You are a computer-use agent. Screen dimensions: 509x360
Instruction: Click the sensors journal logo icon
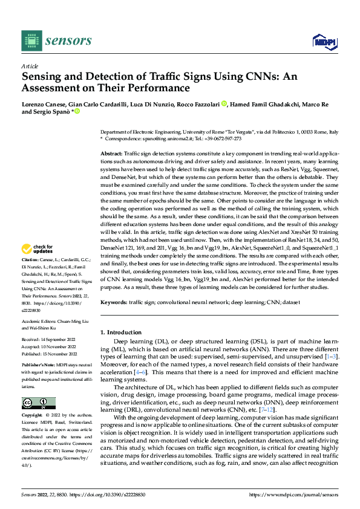click(x=31, y=41)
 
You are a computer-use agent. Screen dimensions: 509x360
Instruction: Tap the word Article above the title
click(x=29, y=66)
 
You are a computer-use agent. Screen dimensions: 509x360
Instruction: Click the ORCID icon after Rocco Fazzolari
click(x=224, y=104)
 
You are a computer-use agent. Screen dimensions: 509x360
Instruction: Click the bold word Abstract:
click(x=111, y=154)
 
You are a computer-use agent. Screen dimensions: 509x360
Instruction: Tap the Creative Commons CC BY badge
click(x=39, y=403)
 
